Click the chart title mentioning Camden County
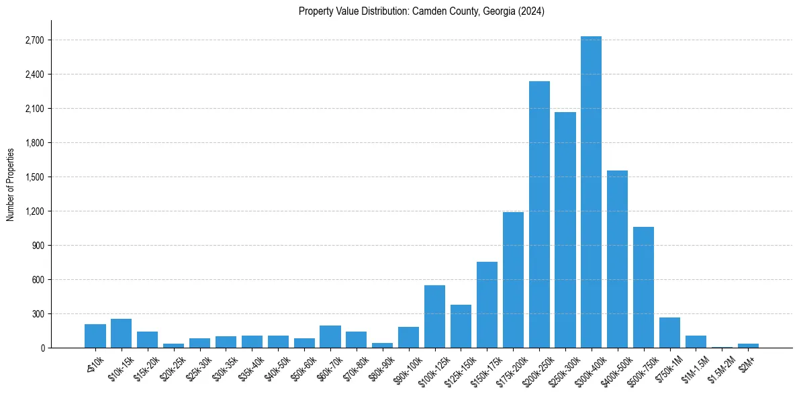(421, 11)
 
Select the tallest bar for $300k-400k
(591, 192)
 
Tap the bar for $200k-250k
(539, 215)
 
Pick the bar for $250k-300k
(565, 230)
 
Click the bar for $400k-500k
(617, 259)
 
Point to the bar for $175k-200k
(513, 280)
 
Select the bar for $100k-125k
(434, 317)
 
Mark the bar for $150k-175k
(487, 305)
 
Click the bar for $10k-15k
(121, 334)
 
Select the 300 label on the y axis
(38, 314)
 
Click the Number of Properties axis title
(11, 185)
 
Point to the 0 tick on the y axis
(42, 348)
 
